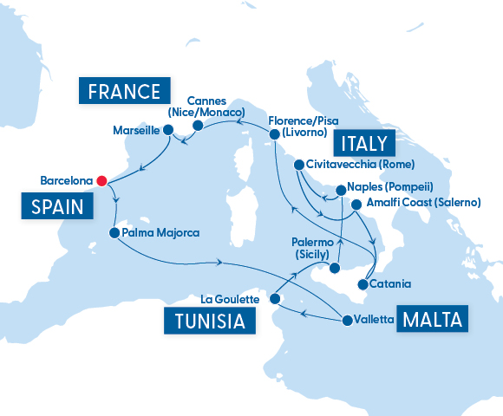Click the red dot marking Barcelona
pyautogui.click(x=101, y=181)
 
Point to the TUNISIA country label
pyautogui.click(x=210, y=322)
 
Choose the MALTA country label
pyautogui.click(x=432, y=319)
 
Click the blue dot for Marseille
pyautogui.click(x=169, y=131)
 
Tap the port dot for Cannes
pyautogui.click(x=197, y=126)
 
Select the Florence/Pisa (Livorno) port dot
pyautogui.click(x=274, y=134)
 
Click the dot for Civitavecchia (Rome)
pyautogui.click(x=298, y=165)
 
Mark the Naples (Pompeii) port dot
pyautogui.click(x=339, y=186)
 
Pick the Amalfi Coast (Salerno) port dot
pyautogui.click(x=356, y=205)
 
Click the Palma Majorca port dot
pyautogui.click(x=114, y=233)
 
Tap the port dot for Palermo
pyautogui.click(x=333, y=270)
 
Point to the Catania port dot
pyautogui.click(x=362, y=283)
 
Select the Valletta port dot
pyautogui.click(x=348, y=319)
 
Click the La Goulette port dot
pyautogui.click(x=274, y=299)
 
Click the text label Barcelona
pyautogui.click(x=66, y=181)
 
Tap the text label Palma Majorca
pyautogui.click(x=161, y=233)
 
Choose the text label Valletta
pyautogui.click(x=375, y=319)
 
